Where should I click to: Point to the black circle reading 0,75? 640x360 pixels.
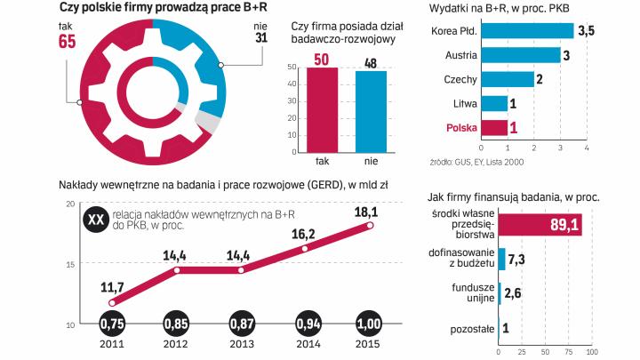click(112, 321)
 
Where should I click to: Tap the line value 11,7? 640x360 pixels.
click(112, 288)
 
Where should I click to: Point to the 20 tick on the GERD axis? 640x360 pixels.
click(70, 204)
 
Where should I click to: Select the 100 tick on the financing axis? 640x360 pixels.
click(592, 350)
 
